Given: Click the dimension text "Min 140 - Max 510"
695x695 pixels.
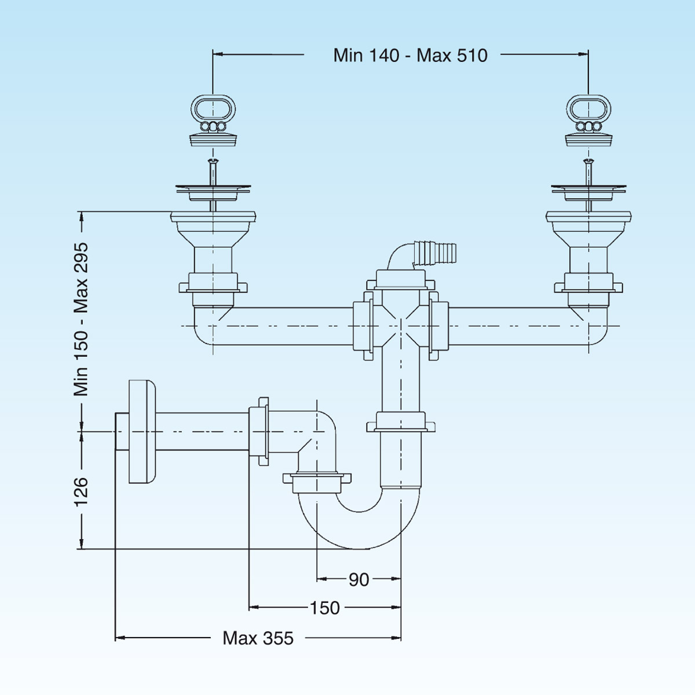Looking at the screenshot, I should [x=410, y=55].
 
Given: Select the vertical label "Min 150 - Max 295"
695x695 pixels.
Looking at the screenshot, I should [x=81, y=319].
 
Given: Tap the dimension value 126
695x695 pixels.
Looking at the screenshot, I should [x=81, y=491].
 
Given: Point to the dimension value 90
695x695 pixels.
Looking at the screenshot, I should [x=359, y=579].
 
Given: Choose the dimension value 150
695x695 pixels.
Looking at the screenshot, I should [x=324, y=608].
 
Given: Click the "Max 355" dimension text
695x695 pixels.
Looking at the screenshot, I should [x=258, y=638].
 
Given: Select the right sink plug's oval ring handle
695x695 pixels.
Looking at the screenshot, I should [x=588, y=108].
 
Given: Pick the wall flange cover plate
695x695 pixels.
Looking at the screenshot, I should [x=141, y=431].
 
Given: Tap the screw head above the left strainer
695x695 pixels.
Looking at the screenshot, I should [x=213, y=161].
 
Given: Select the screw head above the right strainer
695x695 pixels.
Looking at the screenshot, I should [x=588, y=161].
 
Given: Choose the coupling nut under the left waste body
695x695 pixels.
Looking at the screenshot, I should [x=213, y=287].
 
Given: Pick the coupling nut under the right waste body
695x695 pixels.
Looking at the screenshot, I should [x=588, y=287].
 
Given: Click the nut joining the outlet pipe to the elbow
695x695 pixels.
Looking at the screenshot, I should [x=259, y=431].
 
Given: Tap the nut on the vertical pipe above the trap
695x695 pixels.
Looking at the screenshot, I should [x=401, y=422].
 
